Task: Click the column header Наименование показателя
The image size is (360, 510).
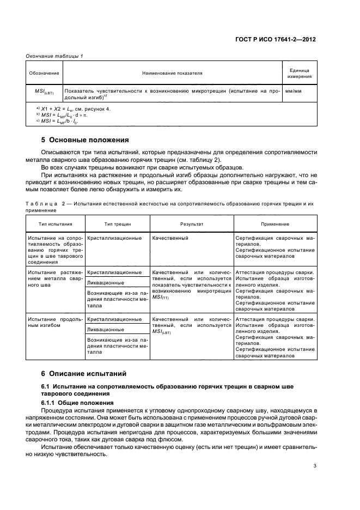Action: [172, 73]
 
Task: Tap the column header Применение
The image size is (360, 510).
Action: [274, 224]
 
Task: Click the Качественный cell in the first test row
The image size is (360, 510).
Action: [170, 238]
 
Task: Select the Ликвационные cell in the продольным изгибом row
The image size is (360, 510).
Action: [106, 330]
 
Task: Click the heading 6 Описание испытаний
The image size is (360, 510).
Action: [84, 374]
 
